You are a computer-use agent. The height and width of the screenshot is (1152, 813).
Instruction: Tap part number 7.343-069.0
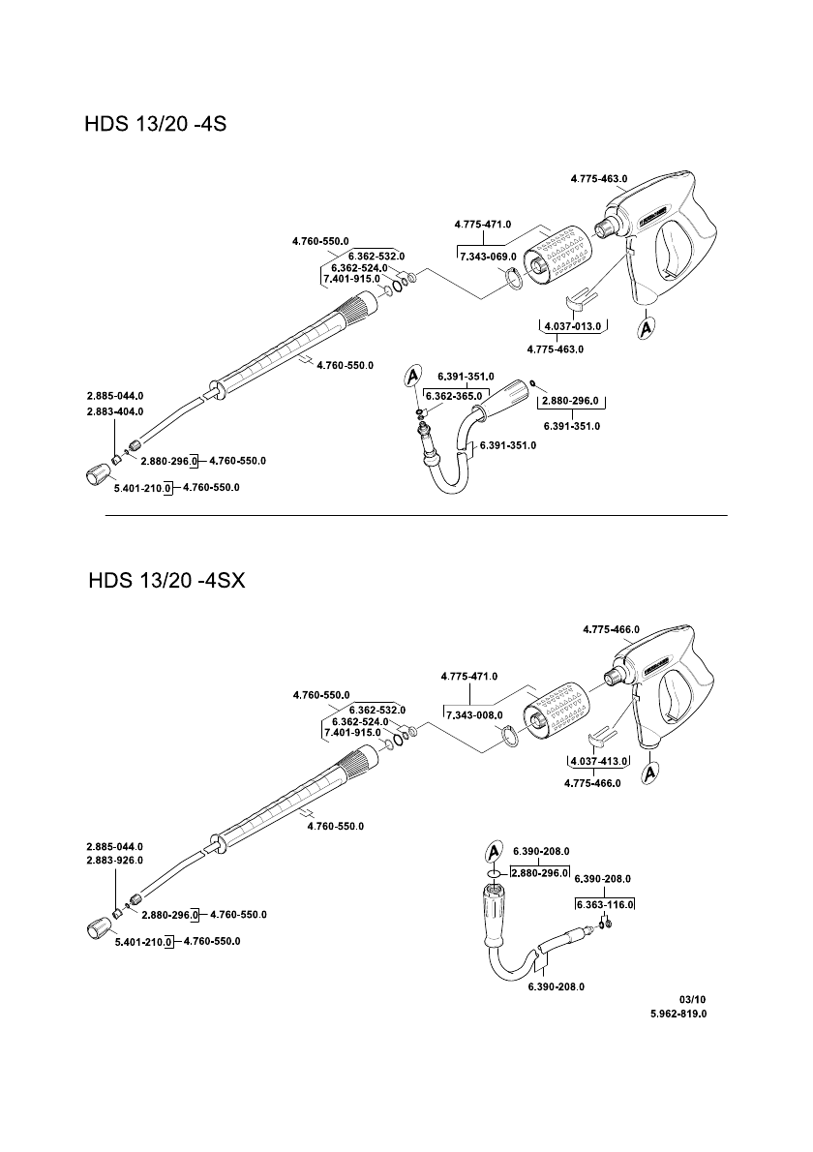[x=487, y=257]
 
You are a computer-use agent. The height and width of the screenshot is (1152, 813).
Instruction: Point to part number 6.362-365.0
[x=453, y=395]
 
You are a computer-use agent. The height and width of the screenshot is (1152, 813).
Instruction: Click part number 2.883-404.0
[x=114, y=411]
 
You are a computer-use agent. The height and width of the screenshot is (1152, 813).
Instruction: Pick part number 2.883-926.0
[x=114, y=860]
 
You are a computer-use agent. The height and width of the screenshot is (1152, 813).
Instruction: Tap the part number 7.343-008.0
[x=473, y=714]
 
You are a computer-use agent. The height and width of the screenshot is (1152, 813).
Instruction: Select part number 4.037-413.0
[x=599, y=761]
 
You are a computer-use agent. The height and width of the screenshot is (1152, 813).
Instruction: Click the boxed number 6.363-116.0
[x=604, y=904]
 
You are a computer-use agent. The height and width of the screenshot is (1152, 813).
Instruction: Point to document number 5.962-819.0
[x=677, y=1015]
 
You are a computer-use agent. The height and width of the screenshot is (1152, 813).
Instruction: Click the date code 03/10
[x=693, y=998]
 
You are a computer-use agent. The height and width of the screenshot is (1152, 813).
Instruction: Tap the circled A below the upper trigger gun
[x=647, y=328]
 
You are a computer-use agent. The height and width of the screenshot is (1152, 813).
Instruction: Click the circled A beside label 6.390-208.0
[x=494, y=851]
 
